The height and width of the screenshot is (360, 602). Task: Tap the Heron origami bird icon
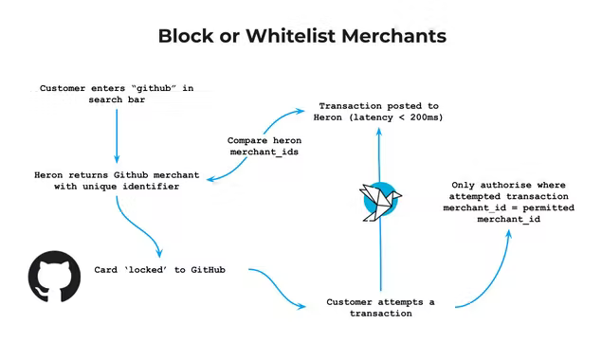(380, 199)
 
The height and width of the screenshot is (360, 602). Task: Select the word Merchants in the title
(392, 36)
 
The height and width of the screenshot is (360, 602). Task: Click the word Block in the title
(185, 36)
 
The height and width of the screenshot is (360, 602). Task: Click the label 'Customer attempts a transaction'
(380, 307)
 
